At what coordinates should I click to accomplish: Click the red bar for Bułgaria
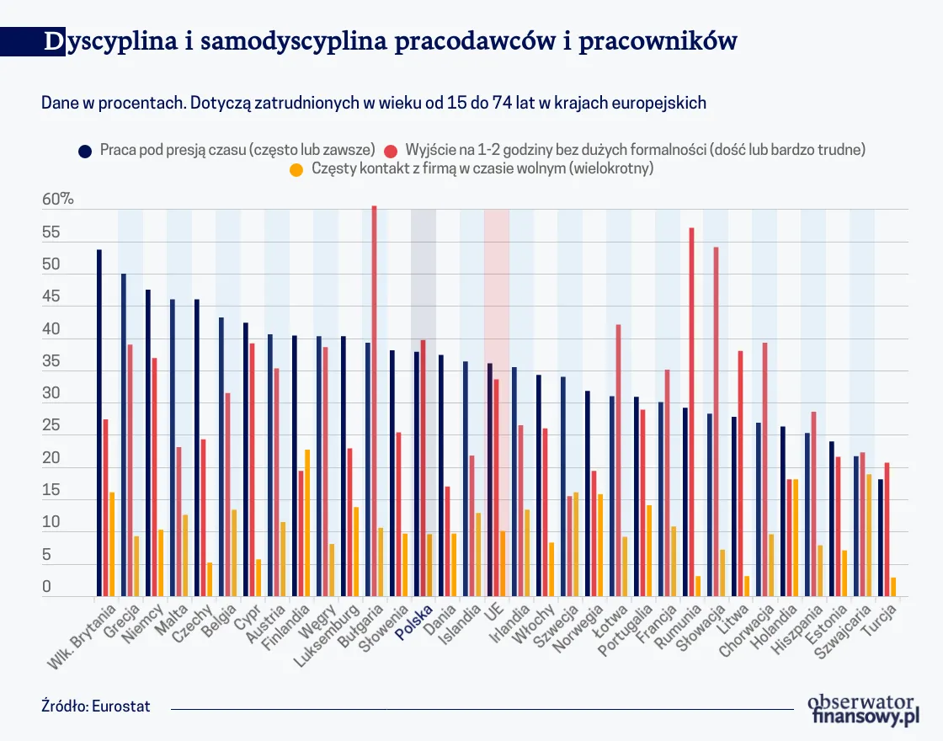click(x=375, y=401)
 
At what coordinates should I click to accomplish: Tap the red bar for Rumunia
click(x=692, y=412)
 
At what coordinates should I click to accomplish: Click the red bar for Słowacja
click(x=717, y=421)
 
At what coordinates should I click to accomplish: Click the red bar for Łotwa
click(x=619, y=460)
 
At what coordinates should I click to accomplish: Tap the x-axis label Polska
click(x=415, y=622)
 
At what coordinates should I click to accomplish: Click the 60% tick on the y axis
click(x=58, y=200)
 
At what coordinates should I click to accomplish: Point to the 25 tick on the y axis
click(x=51, y=426)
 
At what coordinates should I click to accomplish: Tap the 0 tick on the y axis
click(x=47, y=587)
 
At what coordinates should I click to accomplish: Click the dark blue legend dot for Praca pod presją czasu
click(x=85, y=150)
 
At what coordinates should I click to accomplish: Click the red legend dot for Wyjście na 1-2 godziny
click(x=391, y=150)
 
